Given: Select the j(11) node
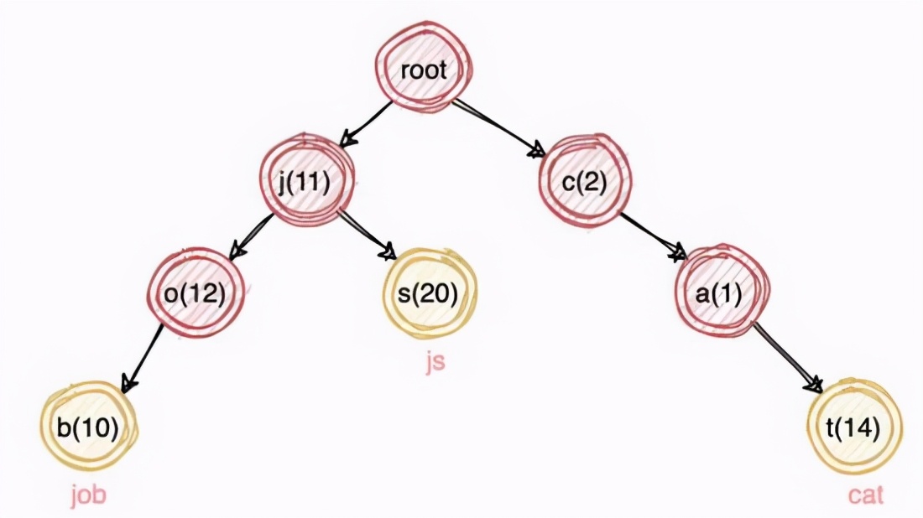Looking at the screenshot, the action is pos(304,181).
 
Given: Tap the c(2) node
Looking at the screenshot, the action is pos(584,181).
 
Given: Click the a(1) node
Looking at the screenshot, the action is pos(721,295).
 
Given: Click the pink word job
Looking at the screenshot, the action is pos(87,495).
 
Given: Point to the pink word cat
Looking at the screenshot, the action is pos(866,495).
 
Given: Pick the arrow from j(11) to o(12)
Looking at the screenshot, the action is pos(252,234).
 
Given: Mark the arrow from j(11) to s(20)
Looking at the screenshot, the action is pos(366,234).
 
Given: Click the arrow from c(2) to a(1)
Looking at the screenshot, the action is pos(649,234).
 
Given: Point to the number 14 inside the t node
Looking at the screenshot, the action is pos(861,429).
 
